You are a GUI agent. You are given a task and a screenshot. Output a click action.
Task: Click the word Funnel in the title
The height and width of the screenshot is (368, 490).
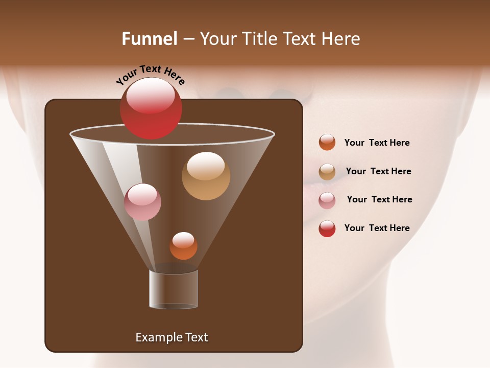coord(149,39)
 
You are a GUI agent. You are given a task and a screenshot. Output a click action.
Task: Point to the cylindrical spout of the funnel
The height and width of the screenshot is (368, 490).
coord(174,290)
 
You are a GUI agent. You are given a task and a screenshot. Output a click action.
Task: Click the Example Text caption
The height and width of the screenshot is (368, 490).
coord(172,337)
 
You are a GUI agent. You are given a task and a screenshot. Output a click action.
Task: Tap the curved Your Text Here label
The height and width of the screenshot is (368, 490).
coord(150,75)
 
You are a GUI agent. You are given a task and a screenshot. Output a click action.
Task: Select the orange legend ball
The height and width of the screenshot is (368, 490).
coord(327,143)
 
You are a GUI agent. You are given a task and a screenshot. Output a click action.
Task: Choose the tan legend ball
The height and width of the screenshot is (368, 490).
coord(327,172)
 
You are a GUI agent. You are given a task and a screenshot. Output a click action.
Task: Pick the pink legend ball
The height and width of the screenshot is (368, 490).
coord(327,200)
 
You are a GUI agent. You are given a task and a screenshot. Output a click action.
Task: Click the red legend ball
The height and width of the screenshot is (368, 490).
coord(327,228)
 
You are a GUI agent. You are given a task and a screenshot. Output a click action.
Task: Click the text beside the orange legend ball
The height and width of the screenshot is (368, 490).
coord(377,143)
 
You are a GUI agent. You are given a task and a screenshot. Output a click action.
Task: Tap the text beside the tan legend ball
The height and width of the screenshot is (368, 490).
coord(378,171)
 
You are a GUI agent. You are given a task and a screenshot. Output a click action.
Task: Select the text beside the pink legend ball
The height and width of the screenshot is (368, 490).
coord(379,199)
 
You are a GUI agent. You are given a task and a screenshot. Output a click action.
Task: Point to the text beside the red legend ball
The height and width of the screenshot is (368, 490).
coord(377,228)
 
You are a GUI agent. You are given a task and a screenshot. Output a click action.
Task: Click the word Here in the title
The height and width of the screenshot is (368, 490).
coord(341,39)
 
